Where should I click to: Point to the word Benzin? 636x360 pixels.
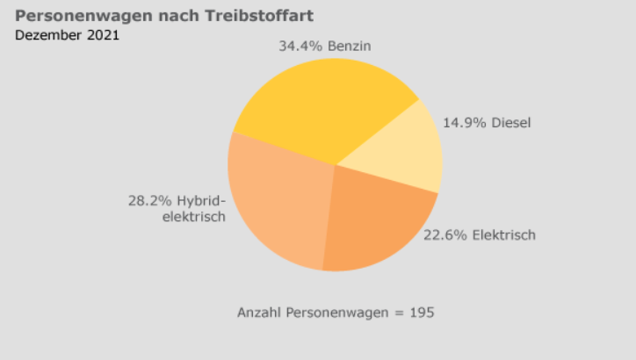(351, 46)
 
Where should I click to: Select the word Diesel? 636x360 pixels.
(511, 122)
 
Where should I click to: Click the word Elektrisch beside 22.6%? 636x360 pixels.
(503, 234)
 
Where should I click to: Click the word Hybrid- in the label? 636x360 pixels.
(201, 200)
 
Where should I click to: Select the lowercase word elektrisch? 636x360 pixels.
(194, 216)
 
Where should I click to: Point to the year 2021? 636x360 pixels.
(104, 35)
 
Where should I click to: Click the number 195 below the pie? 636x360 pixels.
(423, 312)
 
